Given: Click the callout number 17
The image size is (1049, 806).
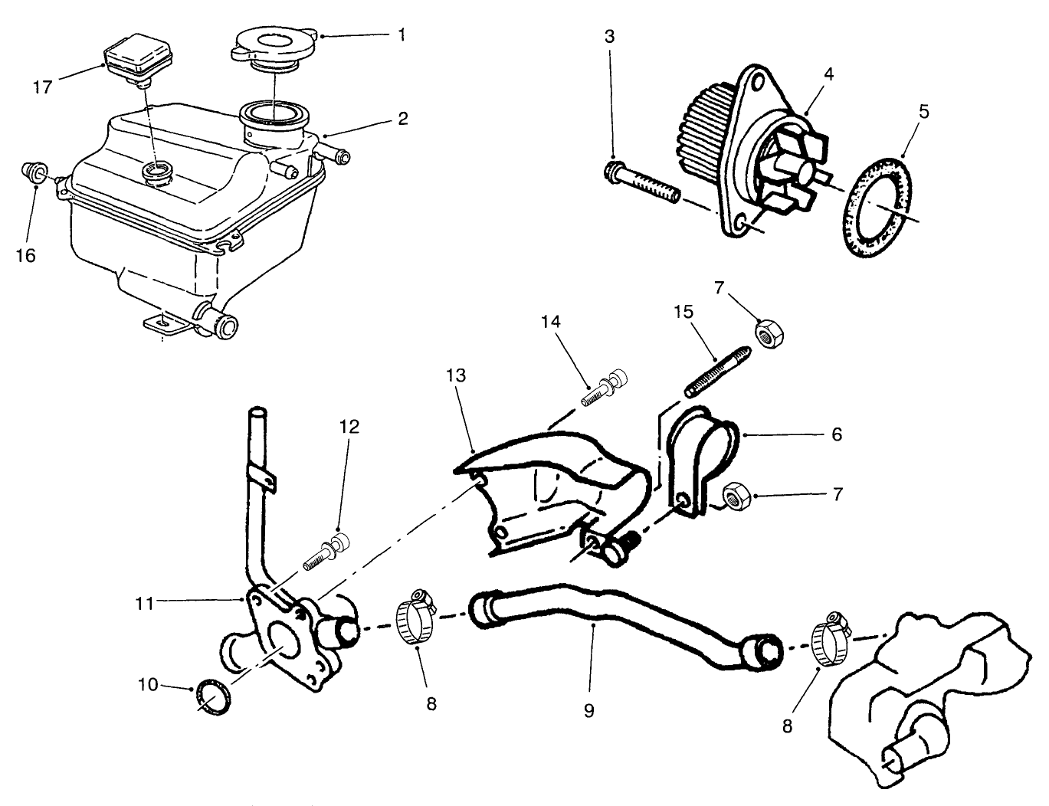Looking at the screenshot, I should pos(42,87).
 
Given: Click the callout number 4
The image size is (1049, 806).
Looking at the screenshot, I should pos(828,74).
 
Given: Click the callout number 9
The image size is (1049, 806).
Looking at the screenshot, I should pos(588,710).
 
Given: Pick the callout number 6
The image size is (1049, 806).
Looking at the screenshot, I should pos(837,434).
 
